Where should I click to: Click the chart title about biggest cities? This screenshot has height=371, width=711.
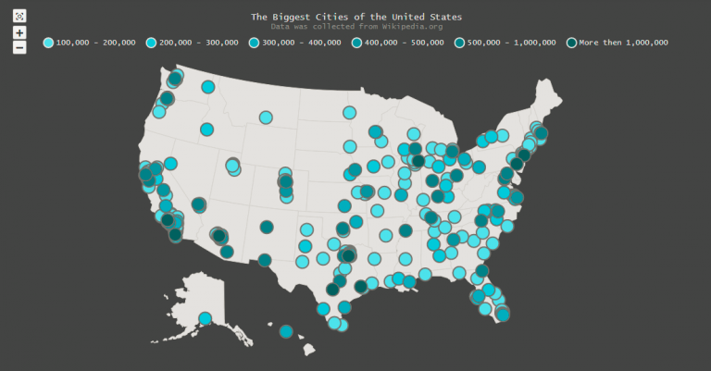[356, 17]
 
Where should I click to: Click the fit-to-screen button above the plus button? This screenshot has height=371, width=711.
[19, 16]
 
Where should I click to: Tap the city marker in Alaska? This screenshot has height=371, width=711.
[205, 319]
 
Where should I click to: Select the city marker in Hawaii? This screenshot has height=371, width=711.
[286, 331]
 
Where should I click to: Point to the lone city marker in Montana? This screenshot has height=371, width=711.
[266, 117]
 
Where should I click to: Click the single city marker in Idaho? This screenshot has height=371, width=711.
[206, 130]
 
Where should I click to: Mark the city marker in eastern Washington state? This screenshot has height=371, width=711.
[208, 87]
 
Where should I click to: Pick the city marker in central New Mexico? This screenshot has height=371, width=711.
[267, 227]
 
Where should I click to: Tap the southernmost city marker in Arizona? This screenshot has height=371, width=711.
[227, 251]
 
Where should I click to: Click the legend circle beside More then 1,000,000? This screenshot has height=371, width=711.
[571, 43]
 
